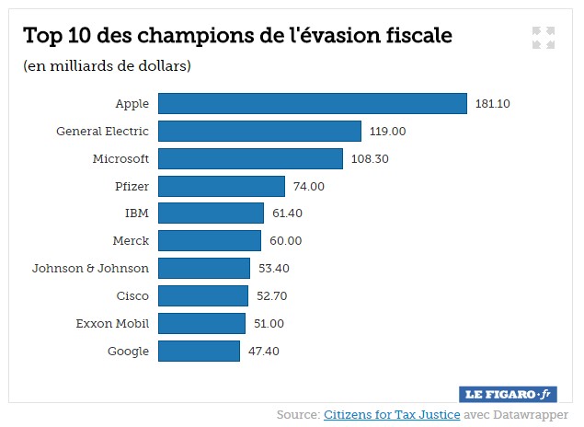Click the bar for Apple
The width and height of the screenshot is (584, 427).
pos(313,103)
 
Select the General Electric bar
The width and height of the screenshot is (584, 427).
pos(259,131)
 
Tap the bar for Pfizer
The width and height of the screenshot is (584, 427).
pos(222,186)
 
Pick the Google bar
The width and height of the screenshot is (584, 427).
pos(199,351)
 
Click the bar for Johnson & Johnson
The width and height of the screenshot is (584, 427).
pos(204,268)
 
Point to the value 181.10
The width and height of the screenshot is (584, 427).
pos(492,103)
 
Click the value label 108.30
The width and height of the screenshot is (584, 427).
pos(371,158)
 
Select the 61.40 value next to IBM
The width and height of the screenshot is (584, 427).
pos(284,213)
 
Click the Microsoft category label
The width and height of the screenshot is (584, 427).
pos(120,158)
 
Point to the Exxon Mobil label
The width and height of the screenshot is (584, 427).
pos(112,323)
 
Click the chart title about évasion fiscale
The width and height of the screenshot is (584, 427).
pos(237,36)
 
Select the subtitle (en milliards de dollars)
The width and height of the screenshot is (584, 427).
pos(107,65)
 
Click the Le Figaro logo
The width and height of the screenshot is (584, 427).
pos(508,393)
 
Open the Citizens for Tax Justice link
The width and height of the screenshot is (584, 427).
pos(391,414)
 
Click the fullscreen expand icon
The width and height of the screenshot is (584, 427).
pos(543,38)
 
